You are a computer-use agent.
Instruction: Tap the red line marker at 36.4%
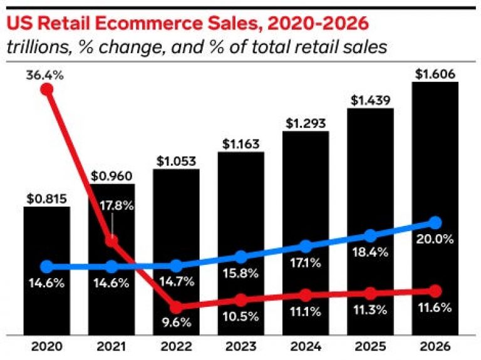tap(46, 89)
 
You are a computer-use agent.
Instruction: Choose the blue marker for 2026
tap(435, 222)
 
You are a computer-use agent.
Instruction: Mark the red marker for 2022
tap(177, 307)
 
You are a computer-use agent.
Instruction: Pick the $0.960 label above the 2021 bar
tap(111, 176)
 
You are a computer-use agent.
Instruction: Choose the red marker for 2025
tap(370, 293)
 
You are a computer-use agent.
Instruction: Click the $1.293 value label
tap(305, 123)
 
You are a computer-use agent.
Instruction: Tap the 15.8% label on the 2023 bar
tap(240, 274)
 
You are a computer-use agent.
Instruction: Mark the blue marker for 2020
tap(46, 266)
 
